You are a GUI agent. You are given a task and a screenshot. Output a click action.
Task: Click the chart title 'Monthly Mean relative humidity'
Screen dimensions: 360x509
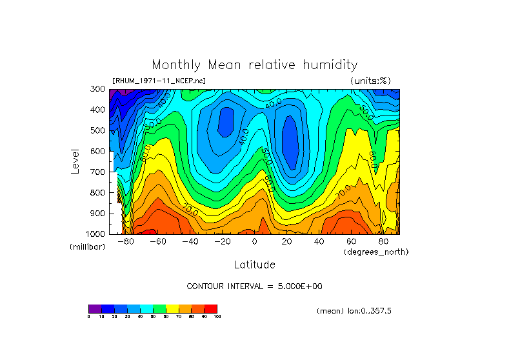[x=254, y=65]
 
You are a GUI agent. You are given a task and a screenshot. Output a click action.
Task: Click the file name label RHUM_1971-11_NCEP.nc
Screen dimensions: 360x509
[x=159, y=81]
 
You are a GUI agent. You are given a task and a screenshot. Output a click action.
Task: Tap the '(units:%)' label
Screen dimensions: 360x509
[x=370, y=81]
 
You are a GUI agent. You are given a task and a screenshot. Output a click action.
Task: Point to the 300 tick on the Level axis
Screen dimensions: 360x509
[x=98, y=89]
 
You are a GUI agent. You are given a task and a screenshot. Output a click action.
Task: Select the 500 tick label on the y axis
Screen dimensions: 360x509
[x=98, y=130]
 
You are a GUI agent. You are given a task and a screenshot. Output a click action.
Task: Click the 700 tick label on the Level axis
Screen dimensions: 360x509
[x=98, y=172]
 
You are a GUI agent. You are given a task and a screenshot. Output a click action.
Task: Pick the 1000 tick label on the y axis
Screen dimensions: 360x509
[x=96, y=234]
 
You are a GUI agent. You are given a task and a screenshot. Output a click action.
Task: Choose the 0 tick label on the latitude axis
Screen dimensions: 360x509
[x=255, y=242]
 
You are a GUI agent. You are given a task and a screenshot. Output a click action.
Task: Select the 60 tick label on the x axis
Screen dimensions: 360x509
[x=352, y=242]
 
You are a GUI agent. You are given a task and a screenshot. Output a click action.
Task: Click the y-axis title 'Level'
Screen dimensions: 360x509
[x=75, y=161]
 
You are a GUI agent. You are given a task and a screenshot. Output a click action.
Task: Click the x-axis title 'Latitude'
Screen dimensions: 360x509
[x=254, y=265]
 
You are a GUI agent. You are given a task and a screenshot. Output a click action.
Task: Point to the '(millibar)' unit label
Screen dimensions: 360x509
[x=87, y=247]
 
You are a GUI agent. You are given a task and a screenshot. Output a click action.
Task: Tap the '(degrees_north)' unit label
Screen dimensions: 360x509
[x=376, y=252]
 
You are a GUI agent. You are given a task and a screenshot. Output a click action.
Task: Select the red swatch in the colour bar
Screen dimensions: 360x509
[x=210, y=308]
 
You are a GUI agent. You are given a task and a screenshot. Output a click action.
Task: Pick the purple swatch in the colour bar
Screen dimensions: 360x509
[x=95, y=308]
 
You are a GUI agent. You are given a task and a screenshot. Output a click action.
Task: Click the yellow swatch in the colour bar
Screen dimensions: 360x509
[x=172, y=308]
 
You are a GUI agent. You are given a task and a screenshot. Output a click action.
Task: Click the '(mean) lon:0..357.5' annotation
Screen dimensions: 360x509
[x=354, y=311]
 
